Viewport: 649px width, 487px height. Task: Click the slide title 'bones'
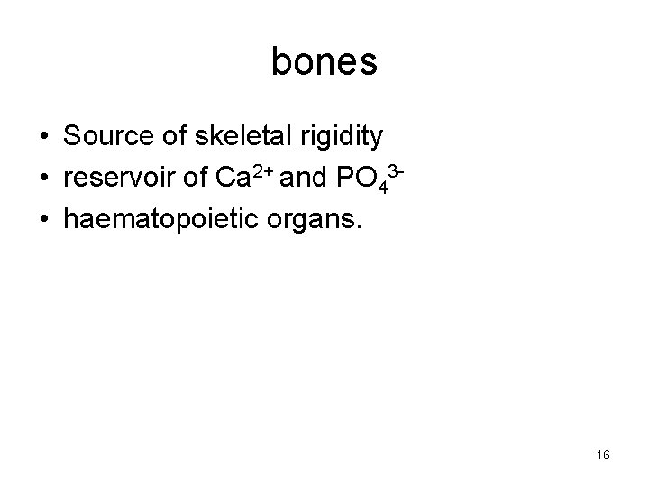(x=324, y=62)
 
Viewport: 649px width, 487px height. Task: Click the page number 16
(x=603, y=455)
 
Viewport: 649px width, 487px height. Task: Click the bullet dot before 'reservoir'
(x=43, y=178)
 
